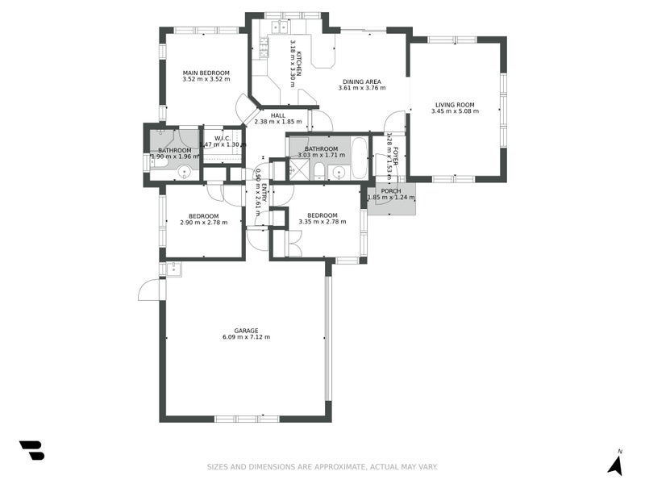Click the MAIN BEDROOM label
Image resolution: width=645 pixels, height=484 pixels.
[x=206, y=73]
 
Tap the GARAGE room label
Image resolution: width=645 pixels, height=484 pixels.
[x=246, y=331]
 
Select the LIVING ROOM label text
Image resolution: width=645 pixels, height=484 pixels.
[x=455, y=104]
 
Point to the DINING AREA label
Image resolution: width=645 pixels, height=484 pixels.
[x=361, y=81]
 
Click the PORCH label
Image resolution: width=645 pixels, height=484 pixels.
[x=391, y=191]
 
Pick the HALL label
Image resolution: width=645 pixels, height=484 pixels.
[x=278, y=115]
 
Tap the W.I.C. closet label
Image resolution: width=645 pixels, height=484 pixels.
[x=223, y=138]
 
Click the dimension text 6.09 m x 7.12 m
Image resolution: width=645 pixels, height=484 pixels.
[x=246, y=338]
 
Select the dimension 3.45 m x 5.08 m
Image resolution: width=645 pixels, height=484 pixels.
[x=455, y=111]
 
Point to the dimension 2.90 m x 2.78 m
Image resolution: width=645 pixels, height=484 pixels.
[x=203, y=223]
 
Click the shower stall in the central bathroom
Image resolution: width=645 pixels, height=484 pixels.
[x=299, y=169]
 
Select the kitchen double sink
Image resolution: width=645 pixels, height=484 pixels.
[x=280, y=27]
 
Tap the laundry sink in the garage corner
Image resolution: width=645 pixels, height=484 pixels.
[x=174, y=268]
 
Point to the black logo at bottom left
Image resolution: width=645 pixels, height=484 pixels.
[x=31, y=450]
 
